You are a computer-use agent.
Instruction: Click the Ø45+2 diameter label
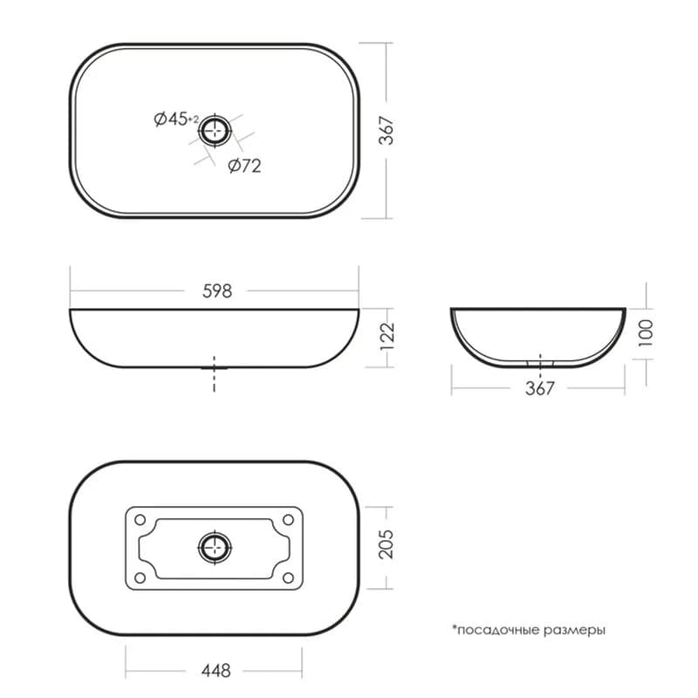pos(176,119)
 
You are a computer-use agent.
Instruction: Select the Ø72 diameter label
pos(244,166)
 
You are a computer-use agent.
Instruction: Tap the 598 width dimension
pos(216,291)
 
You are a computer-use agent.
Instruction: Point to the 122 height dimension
pos(387,336)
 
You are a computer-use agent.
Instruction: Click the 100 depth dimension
pos(646,333)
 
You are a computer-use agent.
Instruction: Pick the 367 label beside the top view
pos(387,131)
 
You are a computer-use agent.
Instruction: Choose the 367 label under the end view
pos(539,388)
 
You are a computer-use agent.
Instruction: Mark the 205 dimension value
pos(386,544)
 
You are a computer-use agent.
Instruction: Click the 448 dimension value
pos(216,670)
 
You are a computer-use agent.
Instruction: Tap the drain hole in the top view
pos(215,130)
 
